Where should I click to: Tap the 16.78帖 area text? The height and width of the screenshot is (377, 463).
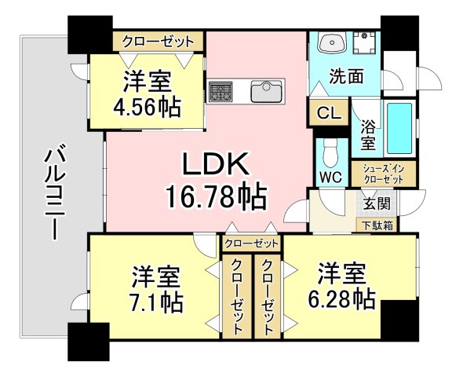[x=215, y=193]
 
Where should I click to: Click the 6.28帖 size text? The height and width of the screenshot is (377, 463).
[x=343, y=298]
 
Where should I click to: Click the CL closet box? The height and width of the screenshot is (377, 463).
[x=329, y=112]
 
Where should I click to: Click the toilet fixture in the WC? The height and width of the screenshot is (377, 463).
[x=330, y=148]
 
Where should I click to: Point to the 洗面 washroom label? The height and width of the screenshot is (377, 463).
[x=346, y=77]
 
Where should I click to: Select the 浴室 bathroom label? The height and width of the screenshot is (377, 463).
[x=367, y=134]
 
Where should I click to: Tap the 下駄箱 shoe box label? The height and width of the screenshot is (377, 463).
[x=377, y=225]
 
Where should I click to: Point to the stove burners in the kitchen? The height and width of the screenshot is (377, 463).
[x=221, y=90]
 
